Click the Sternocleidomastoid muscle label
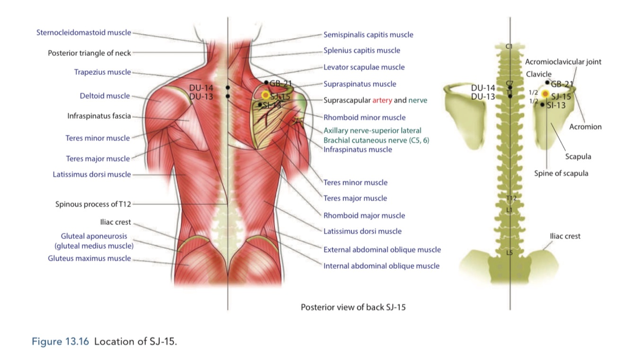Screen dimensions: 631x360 tap(83, 33)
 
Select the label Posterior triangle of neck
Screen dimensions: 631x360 tap(89, 53)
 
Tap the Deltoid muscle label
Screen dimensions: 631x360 tap(105, 96)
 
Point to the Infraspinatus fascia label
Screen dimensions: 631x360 tap(99, 116)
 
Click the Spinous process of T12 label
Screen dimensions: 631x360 tap(93, 204)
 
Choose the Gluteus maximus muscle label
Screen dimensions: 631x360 tap(89, 258)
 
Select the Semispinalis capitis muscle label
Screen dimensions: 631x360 tap(368, 35)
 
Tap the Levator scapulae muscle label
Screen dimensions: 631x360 tap(364, 67)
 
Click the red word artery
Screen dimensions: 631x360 tap(382, 100)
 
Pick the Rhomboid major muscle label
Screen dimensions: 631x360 tap(364, 215)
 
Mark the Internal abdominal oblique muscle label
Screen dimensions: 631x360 tap(381, 266)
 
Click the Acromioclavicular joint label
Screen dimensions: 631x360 tap(563, 62)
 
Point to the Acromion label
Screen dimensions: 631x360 tap(585, 127)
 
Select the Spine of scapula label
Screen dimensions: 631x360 tap(561, 173)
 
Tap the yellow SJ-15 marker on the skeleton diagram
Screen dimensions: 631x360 tap(545, 94)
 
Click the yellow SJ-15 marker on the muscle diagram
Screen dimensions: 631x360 tap(265, 95)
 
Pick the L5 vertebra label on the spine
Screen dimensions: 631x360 tap(509, 253)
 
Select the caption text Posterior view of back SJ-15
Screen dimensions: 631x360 tap(353, 307)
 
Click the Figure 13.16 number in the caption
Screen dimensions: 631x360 tap(60, 342)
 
